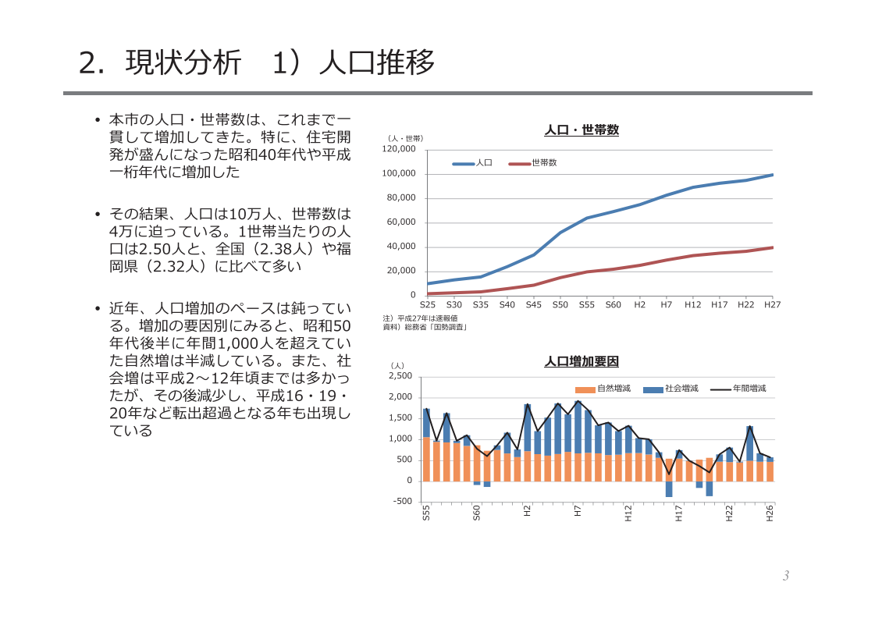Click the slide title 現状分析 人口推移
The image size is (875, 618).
(x=257, y=63)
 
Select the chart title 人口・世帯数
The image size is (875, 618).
(x=582, y=130)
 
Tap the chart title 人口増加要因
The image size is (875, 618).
(x=582, y=362)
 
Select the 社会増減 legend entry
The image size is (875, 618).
(x=681, y=389)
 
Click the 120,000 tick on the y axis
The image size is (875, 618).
(x=399, y=149)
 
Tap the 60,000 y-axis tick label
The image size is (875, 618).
(x=401, y=222)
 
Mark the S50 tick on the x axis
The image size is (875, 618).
(x=560, y=305)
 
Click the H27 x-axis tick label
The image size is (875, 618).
(x=773, y=305)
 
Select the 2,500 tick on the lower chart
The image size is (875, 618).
(x=400, y=376)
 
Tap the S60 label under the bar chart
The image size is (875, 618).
(x=477, y=513)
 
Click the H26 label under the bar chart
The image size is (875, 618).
(x=770, y=513)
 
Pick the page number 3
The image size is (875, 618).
(x=786, y=576)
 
